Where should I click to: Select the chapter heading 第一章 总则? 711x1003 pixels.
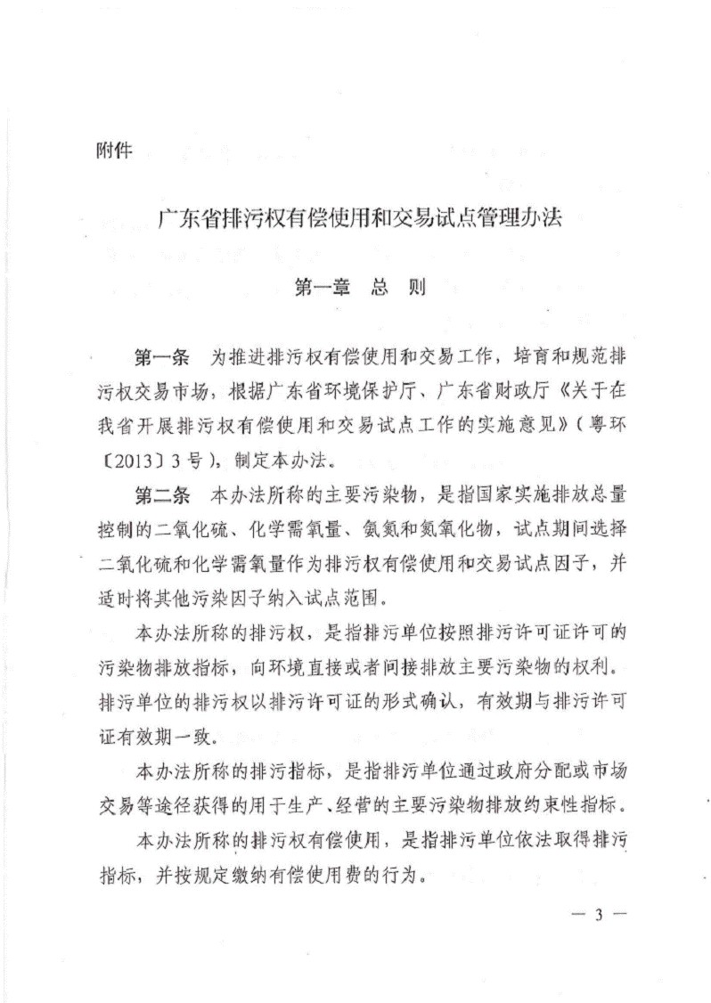pos(359,289)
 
